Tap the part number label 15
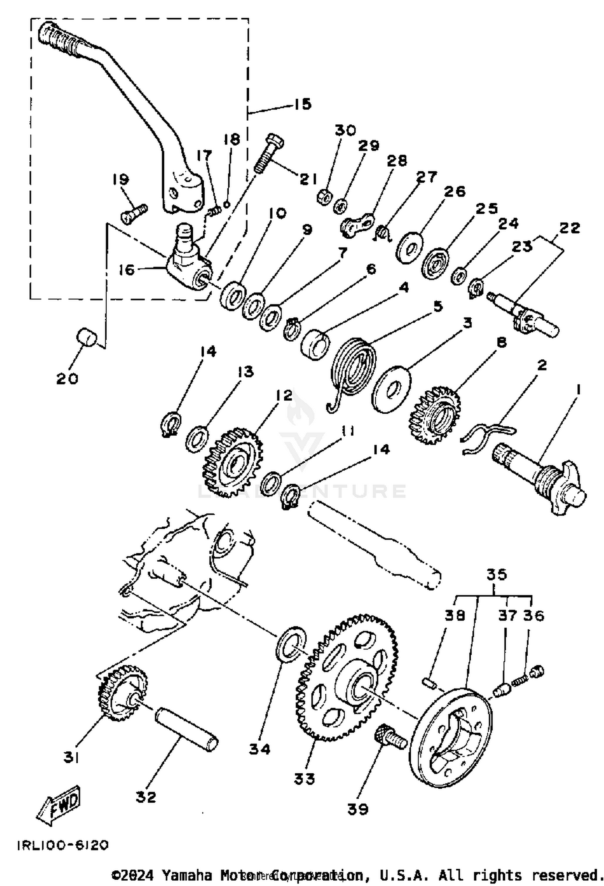click(302, 104)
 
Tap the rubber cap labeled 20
click(87, 336)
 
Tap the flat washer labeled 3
click(391, 388)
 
